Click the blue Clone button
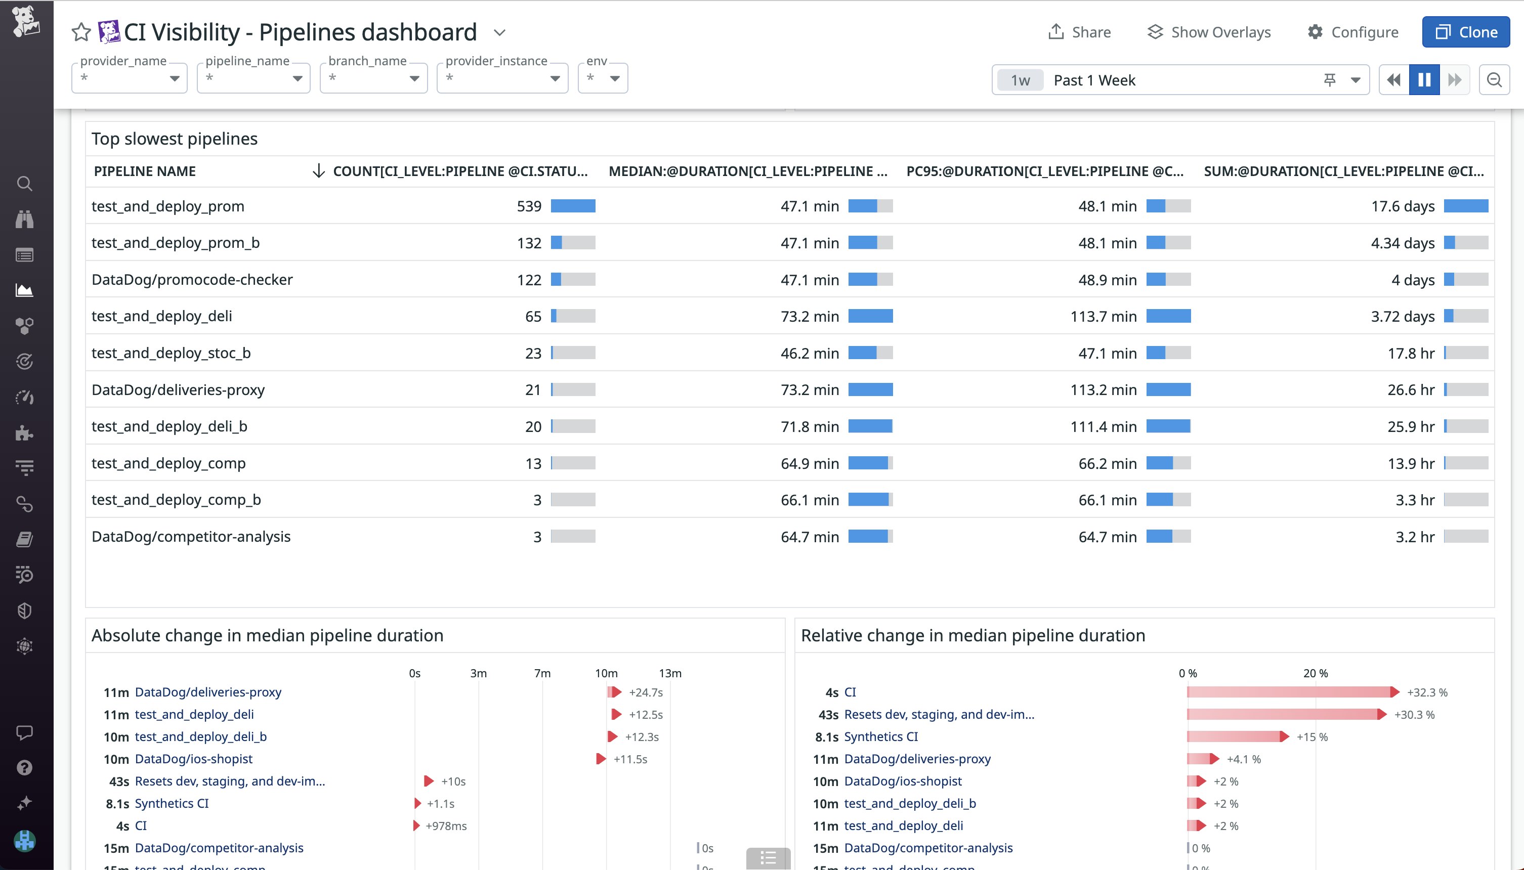tap(1465, 32)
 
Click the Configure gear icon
tap(1315, 32)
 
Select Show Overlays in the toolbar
tap(1209, 32)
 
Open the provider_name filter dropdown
tap(129, 78)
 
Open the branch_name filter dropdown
tap(373, 78)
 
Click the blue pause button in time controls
tap(1424, 80)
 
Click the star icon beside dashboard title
tap(80, 32)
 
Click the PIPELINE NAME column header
tap(145, 171)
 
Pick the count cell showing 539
tap(529, 206)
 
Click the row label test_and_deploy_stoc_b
tap(171, 353)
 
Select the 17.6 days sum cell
tap(1402, 206)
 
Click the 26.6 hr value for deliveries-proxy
tap(1411, 389)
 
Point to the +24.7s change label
tap(646, 692)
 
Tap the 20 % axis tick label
tap(1315, 673)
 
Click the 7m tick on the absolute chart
tap(542, 673)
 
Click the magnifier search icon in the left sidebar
tap(24, 184)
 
